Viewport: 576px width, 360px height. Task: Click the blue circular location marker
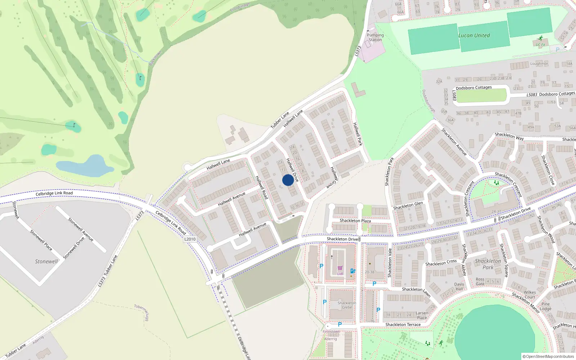[288, 180]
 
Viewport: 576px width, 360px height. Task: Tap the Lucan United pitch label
[474, 36]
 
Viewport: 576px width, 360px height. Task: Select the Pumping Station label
[375, 37]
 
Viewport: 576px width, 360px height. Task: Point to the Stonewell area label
[46, 262]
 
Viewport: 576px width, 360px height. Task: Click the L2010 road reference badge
[190, 239]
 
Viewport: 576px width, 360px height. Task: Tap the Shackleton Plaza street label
[355, 221]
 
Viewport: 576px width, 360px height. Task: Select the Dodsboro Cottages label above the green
[473, 88]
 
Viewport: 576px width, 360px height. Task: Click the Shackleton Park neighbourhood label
[488, 264]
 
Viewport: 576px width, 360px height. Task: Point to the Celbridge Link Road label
[54, 193]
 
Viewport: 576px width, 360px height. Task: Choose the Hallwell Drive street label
[292, 170]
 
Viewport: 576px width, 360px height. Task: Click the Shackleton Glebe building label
[347, 305]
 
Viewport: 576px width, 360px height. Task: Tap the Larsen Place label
[422, 315]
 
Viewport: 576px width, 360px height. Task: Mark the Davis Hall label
[459, 287]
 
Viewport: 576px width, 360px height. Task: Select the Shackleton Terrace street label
[403, 325]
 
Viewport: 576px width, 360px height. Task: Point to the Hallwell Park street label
[357, 134]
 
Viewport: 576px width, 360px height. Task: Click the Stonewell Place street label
[41, 240]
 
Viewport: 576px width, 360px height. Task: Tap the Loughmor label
[539, 64]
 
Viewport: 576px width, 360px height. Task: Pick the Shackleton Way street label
[509, 136]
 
